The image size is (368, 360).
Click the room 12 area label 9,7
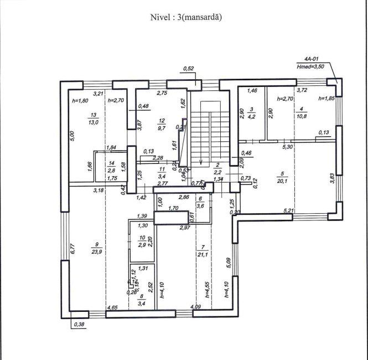162,128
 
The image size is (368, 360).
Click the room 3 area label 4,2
251,117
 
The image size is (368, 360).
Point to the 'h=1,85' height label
326,98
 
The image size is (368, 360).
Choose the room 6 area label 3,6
201,205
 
